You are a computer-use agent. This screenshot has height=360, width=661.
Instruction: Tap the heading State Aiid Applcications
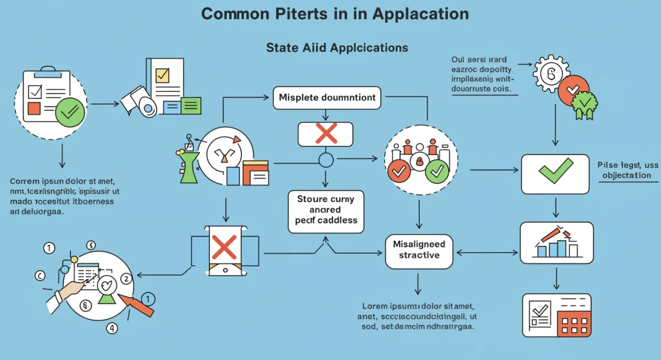[x=337, y=48]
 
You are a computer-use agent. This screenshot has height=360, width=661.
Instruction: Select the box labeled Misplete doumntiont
[x=327, y=97]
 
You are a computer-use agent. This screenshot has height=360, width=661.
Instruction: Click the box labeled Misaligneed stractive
[x=419, y=249]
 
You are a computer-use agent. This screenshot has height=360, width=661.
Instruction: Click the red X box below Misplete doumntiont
[x=326, y=134]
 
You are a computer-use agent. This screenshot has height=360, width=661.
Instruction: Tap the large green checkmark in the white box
[x=555, y=171]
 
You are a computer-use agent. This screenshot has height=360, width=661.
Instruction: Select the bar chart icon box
[x=556, y=242]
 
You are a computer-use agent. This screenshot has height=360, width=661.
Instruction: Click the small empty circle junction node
[x=326, y=160]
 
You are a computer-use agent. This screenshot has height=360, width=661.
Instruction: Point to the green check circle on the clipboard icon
[x=70, y=112]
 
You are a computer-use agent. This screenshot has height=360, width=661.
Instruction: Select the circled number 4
[x=112, y=329]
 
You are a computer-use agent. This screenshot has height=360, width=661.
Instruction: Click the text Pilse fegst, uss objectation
[x=627, y=170]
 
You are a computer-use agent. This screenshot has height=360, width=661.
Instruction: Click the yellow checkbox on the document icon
[x=162, y=75]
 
